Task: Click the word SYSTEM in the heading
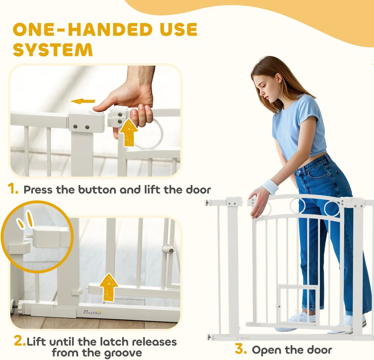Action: point(53,50)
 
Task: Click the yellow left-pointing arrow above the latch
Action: point(83,101)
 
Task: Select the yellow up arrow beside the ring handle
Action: point(129,132)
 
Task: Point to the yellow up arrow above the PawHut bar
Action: point(109,287)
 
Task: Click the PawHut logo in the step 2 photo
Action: point(93,312)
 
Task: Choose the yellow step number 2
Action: point(19,341)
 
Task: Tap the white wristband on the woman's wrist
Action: point(270,186)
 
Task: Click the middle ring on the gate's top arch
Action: point(298,206)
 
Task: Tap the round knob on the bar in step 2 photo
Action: point(168,250)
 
